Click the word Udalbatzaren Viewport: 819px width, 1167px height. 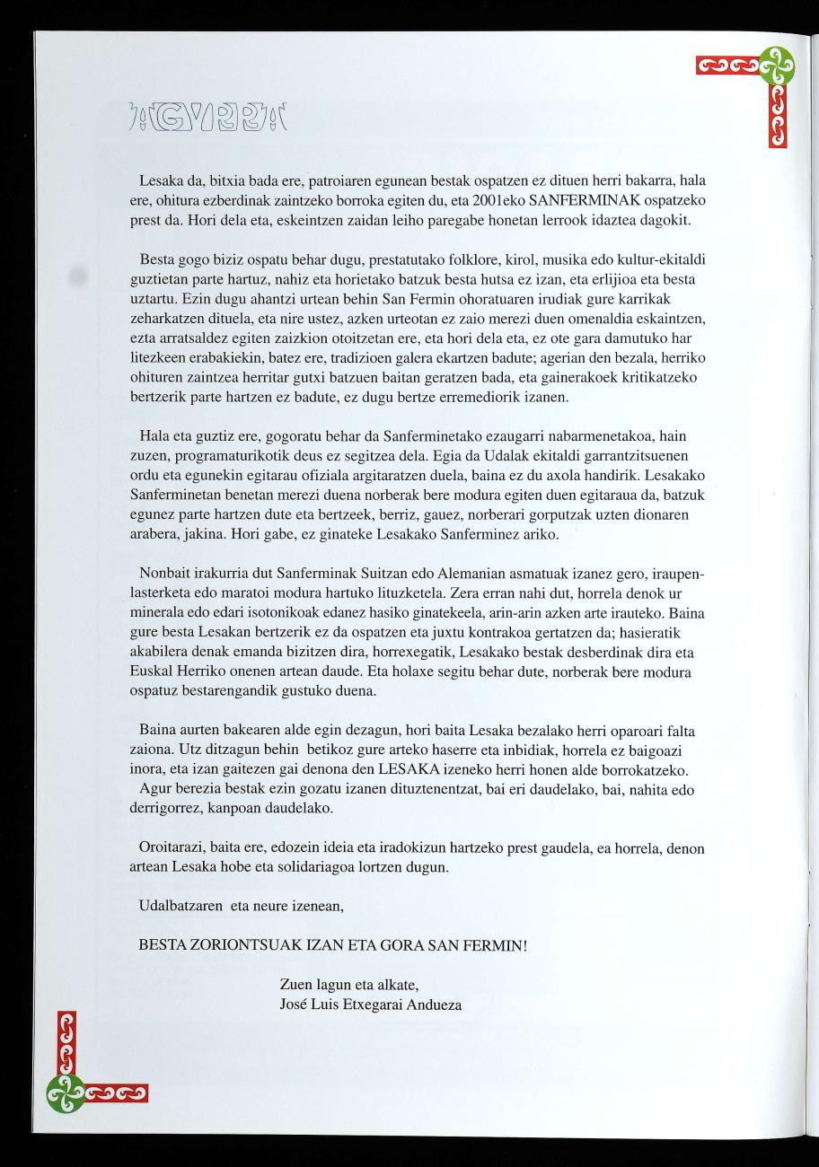pos(181,907)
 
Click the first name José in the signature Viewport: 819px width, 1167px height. pos(296,1004)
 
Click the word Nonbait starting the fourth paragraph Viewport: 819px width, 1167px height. pos(168,572)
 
